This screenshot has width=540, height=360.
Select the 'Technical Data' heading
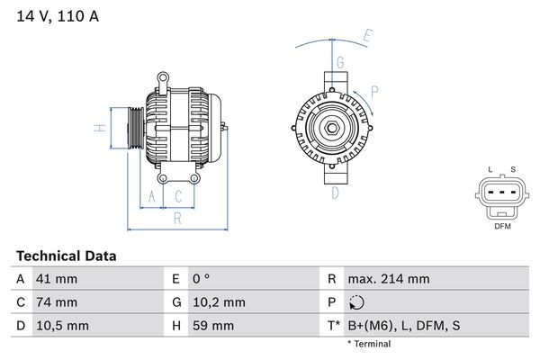click(67, 256)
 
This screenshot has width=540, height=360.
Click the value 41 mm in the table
click(56, 279)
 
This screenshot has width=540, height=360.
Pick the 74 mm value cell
click(56, 302)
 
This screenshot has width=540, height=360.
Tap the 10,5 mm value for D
click(61, 325)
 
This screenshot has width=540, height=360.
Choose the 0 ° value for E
click(201, 279)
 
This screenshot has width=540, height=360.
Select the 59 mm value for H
click(212, 325)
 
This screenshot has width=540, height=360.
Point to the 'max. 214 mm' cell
click(389, 279)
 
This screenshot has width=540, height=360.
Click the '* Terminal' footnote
click(369, 344)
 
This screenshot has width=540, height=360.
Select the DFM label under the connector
click(503, 227)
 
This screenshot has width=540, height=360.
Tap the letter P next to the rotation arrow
click(374, 91)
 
